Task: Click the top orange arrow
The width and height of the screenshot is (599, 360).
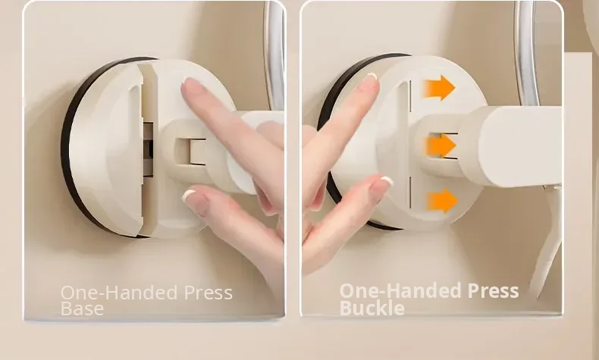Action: pos(439,88)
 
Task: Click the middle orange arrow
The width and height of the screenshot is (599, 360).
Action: pos(441,146)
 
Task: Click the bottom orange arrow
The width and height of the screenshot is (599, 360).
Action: pos(442,201)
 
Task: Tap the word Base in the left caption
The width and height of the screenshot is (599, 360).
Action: pos(82,308)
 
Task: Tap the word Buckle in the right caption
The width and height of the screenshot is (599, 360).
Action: pos(372,308)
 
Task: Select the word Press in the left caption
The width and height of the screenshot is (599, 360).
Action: pos(209,293)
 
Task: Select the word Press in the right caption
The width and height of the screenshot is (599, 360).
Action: pos(493,290)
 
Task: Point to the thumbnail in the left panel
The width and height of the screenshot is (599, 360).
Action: pos(195,200)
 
